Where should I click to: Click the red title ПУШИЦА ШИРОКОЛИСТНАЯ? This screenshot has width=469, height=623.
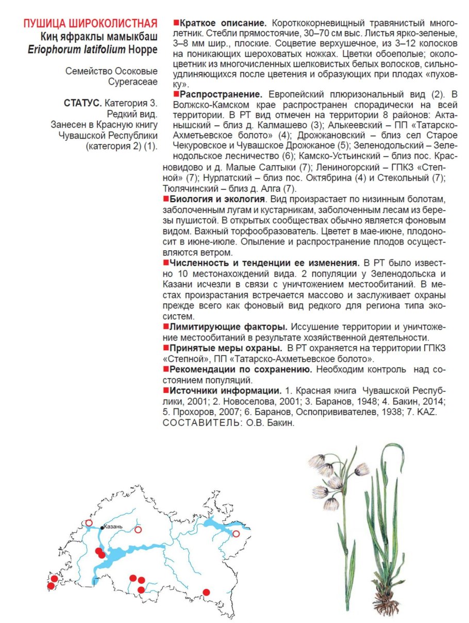click(x=90, y=24)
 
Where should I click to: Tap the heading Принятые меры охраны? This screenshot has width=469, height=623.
click(x=226, y=348)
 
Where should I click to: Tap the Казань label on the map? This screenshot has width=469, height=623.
click(x=113, y=527)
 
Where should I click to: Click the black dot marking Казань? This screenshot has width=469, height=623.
click(x=102, y=527)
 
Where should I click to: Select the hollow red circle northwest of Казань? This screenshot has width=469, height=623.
click(x=89, y=523)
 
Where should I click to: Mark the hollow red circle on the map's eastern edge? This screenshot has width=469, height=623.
click(x=236, y=534)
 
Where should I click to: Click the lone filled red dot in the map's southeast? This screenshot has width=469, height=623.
click(x=206, y=592)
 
